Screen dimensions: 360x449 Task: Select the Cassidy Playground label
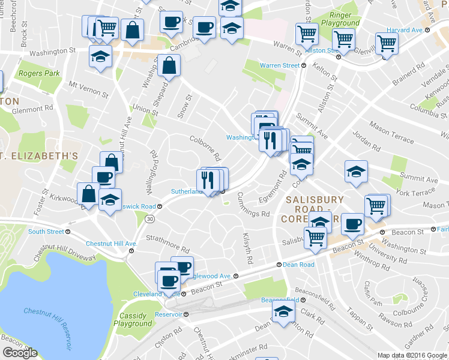tap(133, 320)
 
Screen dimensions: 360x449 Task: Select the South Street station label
tap(46, 232)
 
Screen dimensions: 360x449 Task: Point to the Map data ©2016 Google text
tap(412, 355)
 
